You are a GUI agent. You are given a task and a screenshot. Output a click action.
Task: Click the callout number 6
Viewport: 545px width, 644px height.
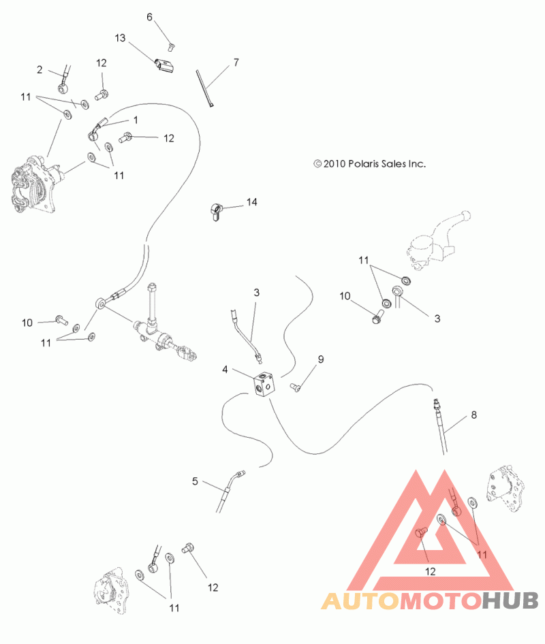pyautogui.click(x=149, y=17)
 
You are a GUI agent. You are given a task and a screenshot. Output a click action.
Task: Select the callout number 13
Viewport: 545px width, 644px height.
pyautogui.click(x=120, y=38)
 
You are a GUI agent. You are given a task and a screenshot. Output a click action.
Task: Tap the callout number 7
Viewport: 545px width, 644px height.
pyautogui.click(x=236, y=63)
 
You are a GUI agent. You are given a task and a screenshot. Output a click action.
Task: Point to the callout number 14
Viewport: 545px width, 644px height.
pyautogui.click(x=251, y=202)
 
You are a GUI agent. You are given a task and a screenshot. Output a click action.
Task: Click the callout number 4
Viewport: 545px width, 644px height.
pyautogui.click(x=225, y=370)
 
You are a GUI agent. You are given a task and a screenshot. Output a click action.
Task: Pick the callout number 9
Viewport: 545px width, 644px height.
pyautogui.click(x=321, y=359)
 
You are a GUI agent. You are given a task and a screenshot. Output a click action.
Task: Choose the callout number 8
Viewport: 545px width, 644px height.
pyautogui.click(x=474, y=415)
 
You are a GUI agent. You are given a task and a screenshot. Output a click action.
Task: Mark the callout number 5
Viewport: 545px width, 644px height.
pyautogui.click(x=195, y=481)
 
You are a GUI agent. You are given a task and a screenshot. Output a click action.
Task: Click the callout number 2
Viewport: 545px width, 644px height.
pyautogui.click(x=40, y=70)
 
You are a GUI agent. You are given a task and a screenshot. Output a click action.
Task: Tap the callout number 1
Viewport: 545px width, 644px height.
pyautogui.click(x=136, y=120)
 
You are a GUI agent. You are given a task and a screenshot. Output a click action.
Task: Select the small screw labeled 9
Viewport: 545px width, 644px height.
pyautogui.click(x=295, y=387)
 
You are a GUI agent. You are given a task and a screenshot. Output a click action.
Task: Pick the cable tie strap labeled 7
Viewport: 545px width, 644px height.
pyautogui.click(x=204, y=88)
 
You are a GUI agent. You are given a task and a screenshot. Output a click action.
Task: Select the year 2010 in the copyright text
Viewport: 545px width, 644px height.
pyautogui.click(x=334, y=164)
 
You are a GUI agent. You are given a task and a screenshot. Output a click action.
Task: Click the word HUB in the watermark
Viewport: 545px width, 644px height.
pyautogui.click(x=510, y=600)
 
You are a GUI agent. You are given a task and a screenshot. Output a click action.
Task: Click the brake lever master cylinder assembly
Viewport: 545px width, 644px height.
pyautogui.click(x=437, y=240)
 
